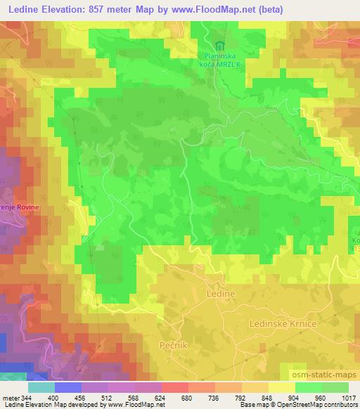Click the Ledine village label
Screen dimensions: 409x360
(x=221, y=291)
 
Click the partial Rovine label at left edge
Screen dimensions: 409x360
(x=24, y=209)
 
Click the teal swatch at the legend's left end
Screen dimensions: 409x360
(x=41, y=387)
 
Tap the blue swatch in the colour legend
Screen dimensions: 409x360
(x=68, y=387)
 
